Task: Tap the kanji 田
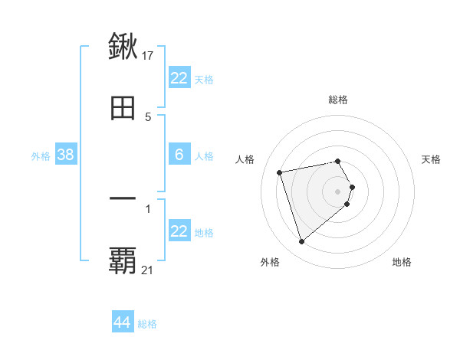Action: (x=123, y=108)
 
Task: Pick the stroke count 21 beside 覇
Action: (x=148, y=270)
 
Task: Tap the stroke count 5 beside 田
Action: (x=148, y=117)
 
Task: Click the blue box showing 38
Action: (x=65, y=155)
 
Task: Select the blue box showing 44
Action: (x=123, y=322)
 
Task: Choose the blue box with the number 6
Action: (x=179, y=155)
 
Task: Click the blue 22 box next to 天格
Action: (x=179, y=78)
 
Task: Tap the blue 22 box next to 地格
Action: (x=179, y=231)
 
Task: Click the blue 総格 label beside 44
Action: (x=147, y=324)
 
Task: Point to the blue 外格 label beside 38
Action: (x=41, y=156)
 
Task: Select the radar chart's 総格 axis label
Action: (x=338, y=100)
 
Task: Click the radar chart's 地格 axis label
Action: (x=402, y=263)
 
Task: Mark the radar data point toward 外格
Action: (x=301, y=242)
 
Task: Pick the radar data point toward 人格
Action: (x=280, y=172)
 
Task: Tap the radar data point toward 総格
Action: (x=338, y=161)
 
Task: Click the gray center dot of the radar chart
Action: (x=338, y=191)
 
